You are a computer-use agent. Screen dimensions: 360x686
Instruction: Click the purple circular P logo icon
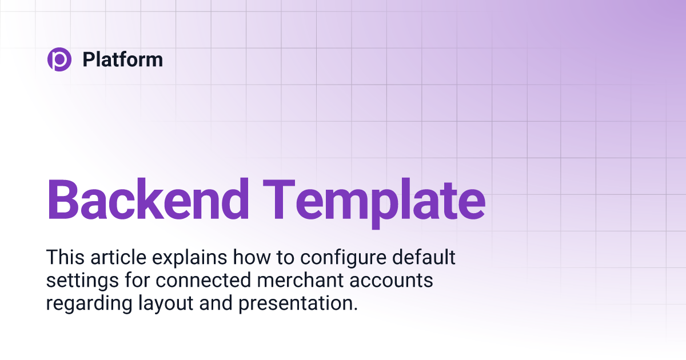point(59,59)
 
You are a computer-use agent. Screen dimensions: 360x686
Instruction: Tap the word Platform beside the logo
point(122,59)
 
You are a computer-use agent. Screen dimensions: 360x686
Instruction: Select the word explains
point(185,259)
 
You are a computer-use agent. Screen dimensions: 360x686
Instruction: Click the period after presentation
point(355,309)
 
